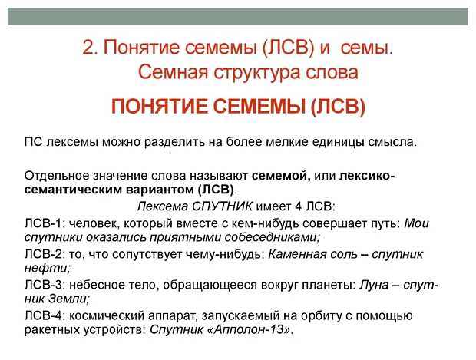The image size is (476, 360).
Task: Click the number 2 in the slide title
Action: click(x=88, y=48)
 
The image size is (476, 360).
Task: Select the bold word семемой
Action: click(x=282, y=175)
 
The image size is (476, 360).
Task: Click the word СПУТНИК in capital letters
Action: click(x=219, y=206)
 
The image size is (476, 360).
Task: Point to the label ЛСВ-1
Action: click(x=45, y=223)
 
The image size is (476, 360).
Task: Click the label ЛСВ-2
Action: click(x=45, y=253)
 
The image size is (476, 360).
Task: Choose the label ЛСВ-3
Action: click(x=45, y=285)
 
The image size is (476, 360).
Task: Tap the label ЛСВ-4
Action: click(x=45, y=315)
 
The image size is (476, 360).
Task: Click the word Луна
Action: click(x=377, y=285)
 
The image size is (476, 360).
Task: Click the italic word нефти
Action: click(x=46, y=268)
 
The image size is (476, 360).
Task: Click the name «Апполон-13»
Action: click(x=253, y=330)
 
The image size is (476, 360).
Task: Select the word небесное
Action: click(x=101, y=285)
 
